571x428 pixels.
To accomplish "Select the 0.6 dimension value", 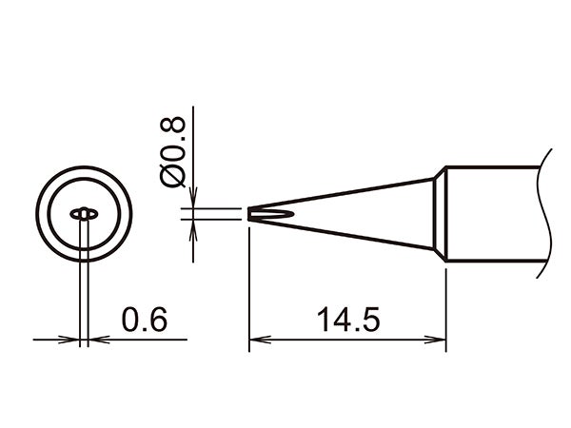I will pos(144,320).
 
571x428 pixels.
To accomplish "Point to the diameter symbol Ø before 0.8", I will pos(175,177).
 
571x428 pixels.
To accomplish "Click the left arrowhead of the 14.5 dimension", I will pos(257,338).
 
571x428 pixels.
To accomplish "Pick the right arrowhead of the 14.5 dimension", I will pos(439,338).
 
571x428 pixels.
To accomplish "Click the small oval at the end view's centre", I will pos(85,214).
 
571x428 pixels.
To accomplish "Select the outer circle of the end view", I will pos(85,257).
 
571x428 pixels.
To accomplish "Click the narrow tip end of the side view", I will pos(254,214).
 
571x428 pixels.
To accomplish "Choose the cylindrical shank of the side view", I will pos(495,214).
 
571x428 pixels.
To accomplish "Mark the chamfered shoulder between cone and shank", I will pos(441,214).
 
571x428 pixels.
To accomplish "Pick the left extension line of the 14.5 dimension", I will pos(249,285).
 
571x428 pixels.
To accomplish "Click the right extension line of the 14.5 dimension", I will pos(446,304).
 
